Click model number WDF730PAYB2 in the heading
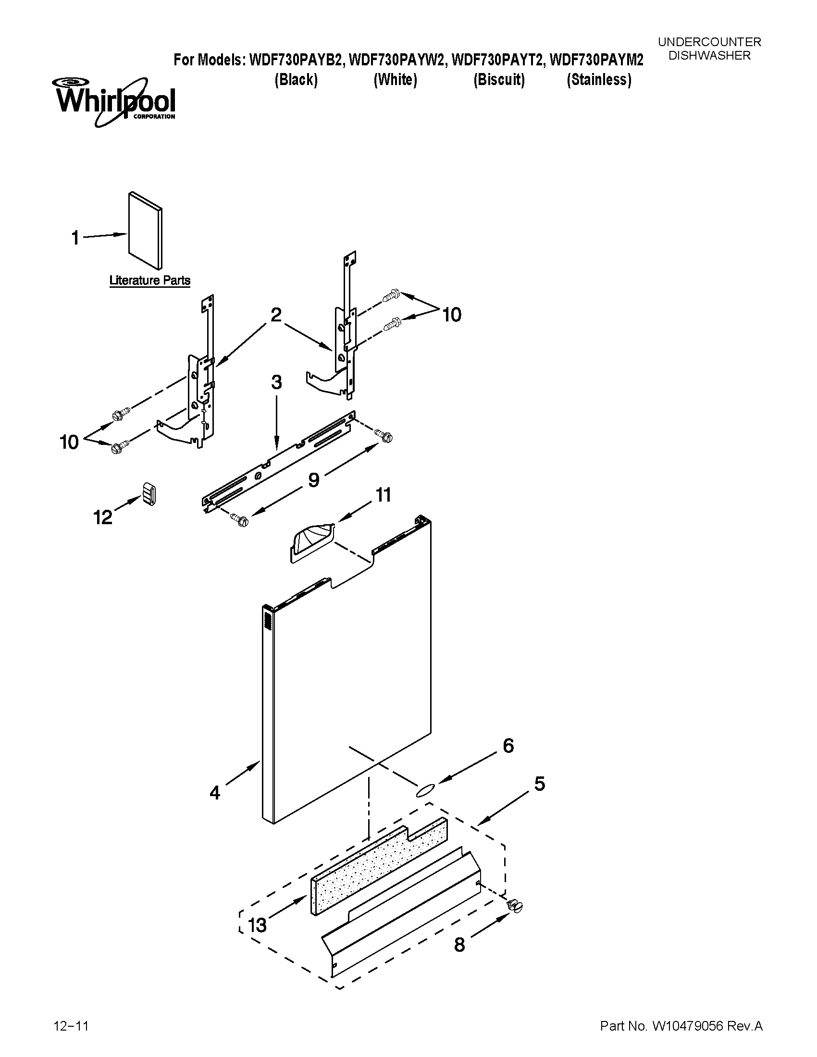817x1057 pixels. click(x=296, y=60)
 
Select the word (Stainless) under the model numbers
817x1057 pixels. click(x=599, y=80)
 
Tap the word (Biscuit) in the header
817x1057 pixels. click(x=499, y=80)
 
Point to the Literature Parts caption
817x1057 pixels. click(x=149, y=281)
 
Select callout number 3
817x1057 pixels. click(x=276, y=383)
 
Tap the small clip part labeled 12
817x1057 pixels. click(x=149, y=494)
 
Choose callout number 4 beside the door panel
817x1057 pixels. click(x=215, y=792)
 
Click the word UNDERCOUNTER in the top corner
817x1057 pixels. click(x=709, y=42)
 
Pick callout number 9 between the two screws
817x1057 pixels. click(x=314, y=480)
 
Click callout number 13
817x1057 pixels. click(x=257, y=925)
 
